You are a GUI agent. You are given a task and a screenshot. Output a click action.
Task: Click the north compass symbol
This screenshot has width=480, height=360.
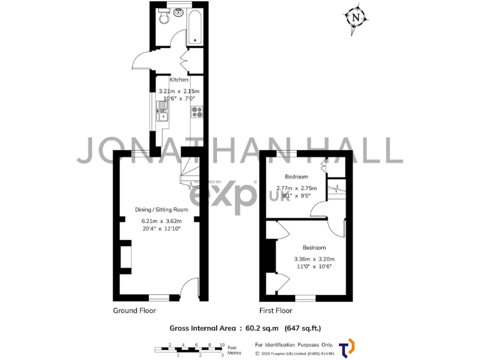[356, 17]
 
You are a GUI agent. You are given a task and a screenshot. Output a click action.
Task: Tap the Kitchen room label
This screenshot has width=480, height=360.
[179, 80]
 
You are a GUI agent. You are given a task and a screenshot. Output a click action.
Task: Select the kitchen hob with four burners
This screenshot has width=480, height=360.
[196, 112]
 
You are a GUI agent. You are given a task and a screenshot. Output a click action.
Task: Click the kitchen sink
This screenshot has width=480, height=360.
[162, 114]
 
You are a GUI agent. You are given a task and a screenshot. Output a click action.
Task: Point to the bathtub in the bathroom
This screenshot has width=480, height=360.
[194, 26]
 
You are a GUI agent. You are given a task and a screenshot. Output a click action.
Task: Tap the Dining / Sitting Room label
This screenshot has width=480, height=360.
[161, 209]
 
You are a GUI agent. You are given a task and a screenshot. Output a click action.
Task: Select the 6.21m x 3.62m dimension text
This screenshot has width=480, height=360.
[161, 221]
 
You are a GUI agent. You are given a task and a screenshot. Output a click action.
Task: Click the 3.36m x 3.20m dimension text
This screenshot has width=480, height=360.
[314, 259]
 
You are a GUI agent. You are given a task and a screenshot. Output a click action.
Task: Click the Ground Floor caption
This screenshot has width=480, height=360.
[134, 311]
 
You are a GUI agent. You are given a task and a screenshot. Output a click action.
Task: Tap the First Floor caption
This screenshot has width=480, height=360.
[276, 311]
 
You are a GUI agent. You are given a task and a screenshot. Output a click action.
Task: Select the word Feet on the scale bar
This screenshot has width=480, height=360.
[232, 347]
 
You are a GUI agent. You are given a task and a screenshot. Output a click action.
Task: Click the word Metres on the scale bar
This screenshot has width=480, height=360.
[234, 353]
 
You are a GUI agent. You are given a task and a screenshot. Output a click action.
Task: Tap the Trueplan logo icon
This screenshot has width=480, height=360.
[346, 348]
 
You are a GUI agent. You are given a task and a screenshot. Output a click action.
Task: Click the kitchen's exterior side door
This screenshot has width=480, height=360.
[142, 61]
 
